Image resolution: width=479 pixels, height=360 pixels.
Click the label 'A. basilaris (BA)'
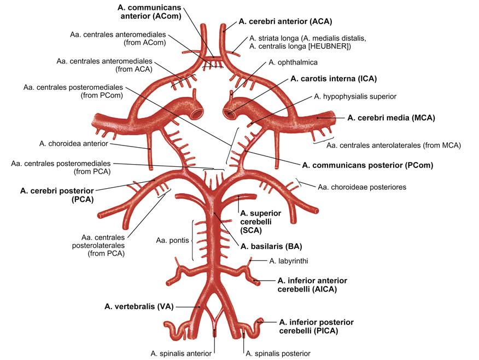pyautogui.click(x=271, y=246)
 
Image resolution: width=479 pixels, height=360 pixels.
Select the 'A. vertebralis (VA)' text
pyautogui.click(x=138, y=306)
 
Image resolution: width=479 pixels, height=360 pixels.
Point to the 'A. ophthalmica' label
pyautogui.click(x=293, y=62)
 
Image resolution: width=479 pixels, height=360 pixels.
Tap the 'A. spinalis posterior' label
pyautogui.click(x=278, y=353)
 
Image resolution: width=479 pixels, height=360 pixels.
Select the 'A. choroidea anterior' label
pyautogui.click(x=74, y=143)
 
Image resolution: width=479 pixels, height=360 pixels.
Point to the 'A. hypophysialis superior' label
pyautogui.click(x=355, y=96)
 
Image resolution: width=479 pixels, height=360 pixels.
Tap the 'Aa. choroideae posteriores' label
pyautogui.click(x=362, y=187)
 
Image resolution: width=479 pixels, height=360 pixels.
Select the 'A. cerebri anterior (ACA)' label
pyautogui.click(x=285, y=21)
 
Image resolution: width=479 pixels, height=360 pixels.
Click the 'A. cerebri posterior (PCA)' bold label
pyautogui.click(x=56, y=195)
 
